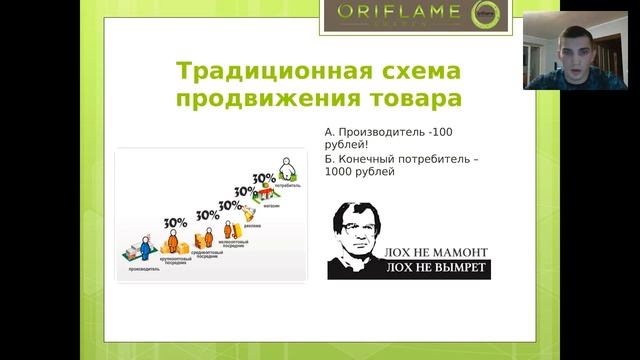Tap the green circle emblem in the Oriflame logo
(487, 15)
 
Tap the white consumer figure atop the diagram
(288, 163)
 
